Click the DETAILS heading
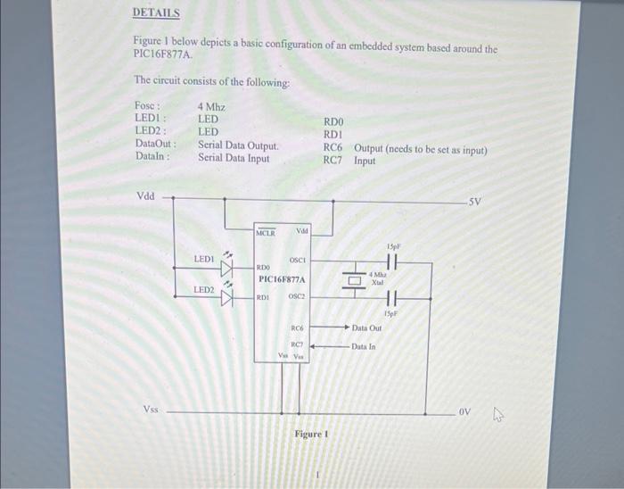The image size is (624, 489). (x=156, y=13)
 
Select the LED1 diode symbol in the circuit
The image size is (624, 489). (x=226, y=265)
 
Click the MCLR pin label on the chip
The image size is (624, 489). (x=267, y=234)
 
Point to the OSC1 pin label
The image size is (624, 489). (x=298, y=261)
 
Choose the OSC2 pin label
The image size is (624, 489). (x=297, y=296)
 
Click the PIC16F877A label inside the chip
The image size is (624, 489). (x=282, y=279)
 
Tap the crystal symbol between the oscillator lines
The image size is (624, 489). (x=355, y=279)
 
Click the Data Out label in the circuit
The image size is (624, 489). (x=368, y=328)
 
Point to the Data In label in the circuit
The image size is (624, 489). (x=364, y=346)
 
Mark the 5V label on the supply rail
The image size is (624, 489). (x=475, y=202)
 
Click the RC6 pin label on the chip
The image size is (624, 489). (x=299, y=328)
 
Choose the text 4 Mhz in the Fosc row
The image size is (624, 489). (x=211, y=106)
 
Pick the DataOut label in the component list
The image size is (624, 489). (x=155, y=145)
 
